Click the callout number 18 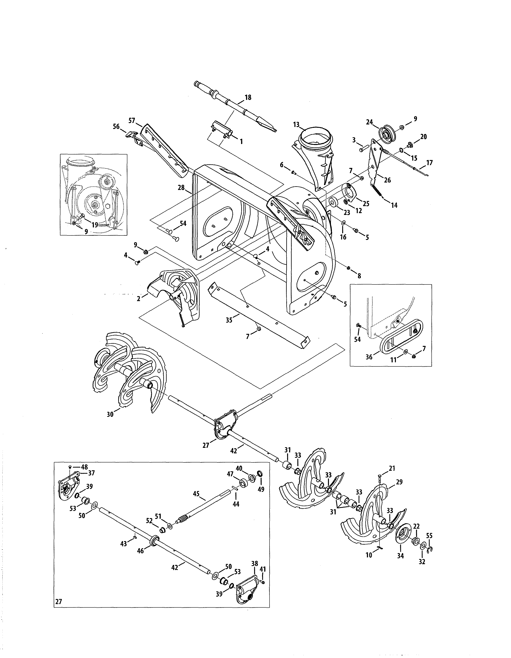tap(248, 97)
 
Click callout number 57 tap(132, 120)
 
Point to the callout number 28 tap(181, 188)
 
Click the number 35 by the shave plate tap(229, 320)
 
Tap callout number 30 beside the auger tap(110, 414)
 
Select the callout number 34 tap(400, 556)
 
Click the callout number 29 tap(399, 482)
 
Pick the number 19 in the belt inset tap(95, 225)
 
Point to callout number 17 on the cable tap(429, 163)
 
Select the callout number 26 tap(387, 180)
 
